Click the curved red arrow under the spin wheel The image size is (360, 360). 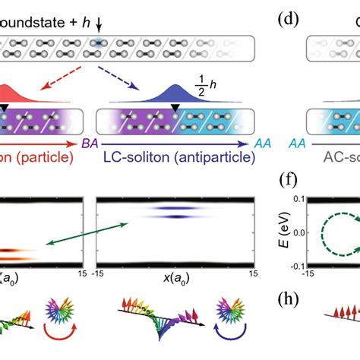(62, 331)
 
